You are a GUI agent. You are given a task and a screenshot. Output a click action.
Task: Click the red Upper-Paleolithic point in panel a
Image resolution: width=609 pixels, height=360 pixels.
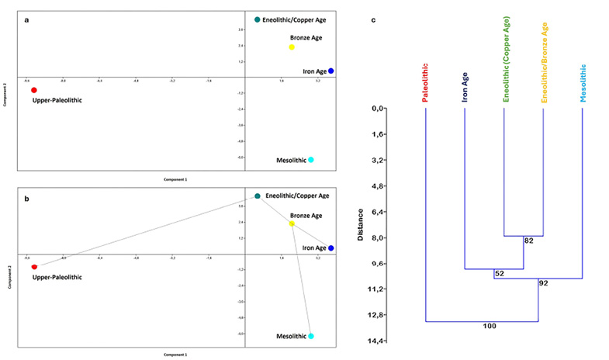coord(34,90)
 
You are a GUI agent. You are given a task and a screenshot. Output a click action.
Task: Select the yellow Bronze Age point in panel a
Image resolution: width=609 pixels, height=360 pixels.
coord(292,47)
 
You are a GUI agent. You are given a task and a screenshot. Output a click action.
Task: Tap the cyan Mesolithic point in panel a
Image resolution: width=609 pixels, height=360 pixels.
coord(311,160)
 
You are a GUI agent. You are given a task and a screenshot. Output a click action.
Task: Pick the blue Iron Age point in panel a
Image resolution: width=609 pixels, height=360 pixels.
coord(331,71)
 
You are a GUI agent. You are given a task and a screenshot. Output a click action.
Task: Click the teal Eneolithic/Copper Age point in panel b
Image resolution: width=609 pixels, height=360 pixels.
coord(258,196)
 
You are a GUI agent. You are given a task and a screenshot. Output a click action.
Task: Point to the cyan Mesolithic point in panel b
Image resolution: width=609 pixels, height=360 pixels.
coord(311,337)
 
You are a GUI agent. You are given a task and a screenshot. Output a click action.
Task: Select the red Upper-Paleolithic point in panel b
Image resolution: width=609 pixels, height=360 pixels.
coord(34,267)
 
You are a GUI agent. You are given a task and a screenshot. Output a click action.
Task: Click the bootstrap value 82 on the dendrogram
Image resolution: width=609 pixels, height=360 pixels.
coord(529,241)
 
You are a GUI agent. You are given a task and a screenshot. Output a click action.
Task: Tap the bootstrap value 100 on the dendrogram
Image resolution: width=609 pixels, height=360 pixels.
coord(489,327)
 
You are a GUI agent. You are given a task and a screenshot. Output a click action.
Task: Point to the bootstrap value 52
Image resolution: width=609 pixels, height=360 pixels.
coord(499,274)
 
